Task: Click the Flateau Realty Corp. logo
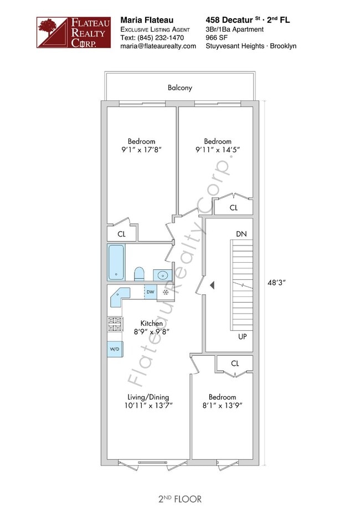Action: coord(74,33)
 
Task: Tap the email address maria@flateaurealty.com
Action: coord(158,47)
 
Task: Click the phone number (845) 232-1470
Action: coord(161,38)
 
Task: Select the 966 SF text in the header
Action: coord(216,38)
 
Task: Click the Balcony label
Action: coord(179,88)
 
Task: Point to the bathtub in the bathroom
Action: coord(116,262)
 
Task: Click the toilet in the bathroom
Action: coord(139,274)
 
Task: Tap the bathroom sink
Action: coord(163,275)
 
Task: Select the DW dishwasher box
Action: coord(151,292)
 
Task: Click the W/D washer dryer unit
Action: coord(115,349)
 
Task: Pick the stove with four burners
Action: coord(115,324)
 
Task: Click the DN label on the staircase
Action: coord(241,234)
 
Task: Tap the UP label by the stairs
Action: coord(242,336)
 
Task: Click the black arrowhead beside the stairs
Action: coord(212,285)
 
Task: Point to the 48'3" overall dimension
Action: coord(276,283)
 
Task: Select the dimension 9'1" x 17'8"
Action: coord(141,150)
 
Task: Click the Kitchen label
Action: coord(152,323)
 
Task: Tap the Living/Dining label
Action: coord(148,397)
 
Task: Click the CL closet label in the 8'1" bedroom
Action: coord(235,364)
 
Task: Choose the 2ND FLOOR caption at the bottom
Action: coord(179,499)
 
